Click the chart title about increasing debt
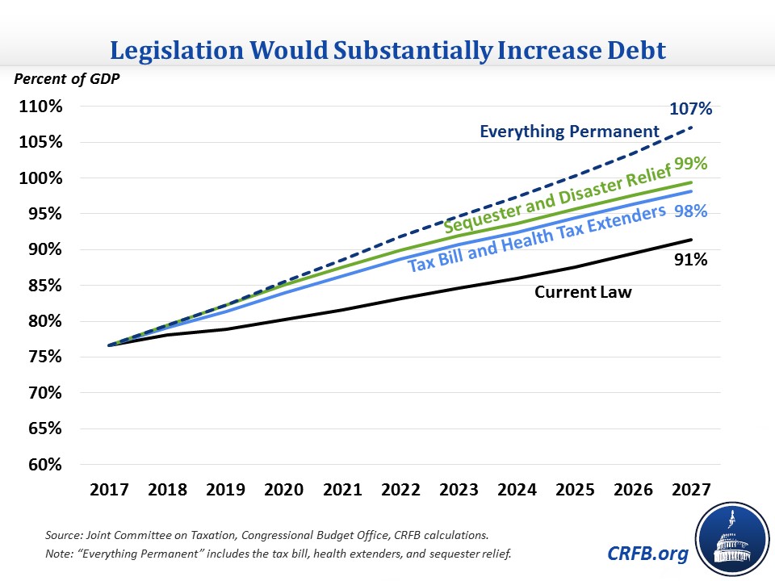[x=387, y=52]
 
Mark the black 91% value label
[x=690, y=260]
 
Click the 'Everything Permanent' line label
[x=569, y=131]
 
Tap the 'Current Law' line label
[x=583, y=292]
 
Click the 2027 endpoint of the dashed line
[x=691, y=127]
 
